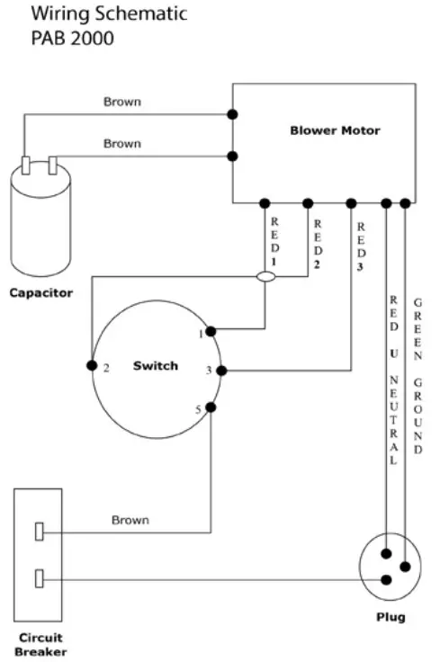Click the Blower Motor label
tap(335, 130)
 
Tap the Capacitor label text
tap(40, 292)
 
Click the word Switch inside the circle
tap(155, 365)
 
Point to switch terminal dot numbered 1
tap(211, 331)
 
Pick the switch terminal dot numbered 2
tap(91, 365)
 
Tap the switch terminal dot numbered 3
tap(220, 370)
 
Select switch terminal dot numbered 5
tap(211, 407)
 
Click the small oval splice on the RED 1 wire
tap(266, 277)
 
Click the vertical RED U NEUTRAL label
tap(393, 379)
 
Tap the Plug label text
tap(390, 617)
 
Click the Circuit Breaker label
tap(40, 644)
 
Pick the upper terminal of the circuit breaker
tap(40, 532)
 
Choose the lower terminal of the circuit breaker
tap(40, 578)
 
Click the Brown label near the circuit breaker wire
tap(130, 520)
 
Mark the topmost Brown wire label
tap(121, 102)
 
